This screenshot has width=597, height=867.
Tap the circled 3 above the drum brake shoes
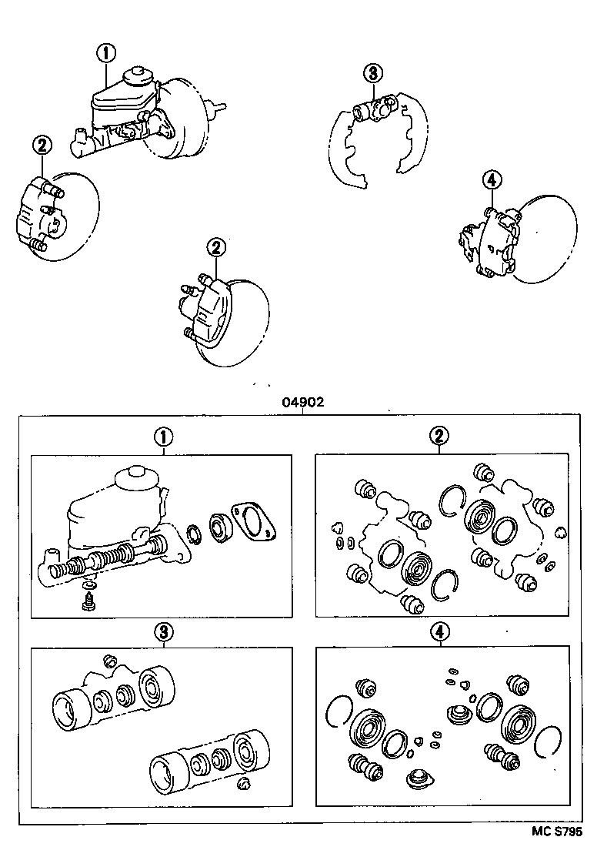click(x=372, y=74)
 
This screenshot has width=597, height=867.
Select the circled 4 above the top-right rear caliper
click(x=492, y=180)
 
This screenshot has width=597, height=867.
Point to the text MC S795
click(x=557, y=832)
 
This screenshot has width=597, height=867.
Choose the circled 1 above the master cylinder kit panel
click(x=162, y=437)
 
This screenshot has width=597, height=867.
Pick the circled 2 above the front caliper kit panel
click(x=439, y=437)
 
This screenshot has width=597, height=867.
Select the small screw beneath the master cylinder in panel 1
click(x=87, y=599)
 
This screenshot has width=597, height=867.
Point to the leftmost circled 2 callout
click(x=42, y=145)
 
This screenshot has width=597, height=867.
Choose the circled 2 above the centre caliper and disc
click(x=216, y=247)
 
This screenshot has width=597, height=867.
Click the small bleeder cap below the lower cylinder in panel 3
click(x=245, y=783)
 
